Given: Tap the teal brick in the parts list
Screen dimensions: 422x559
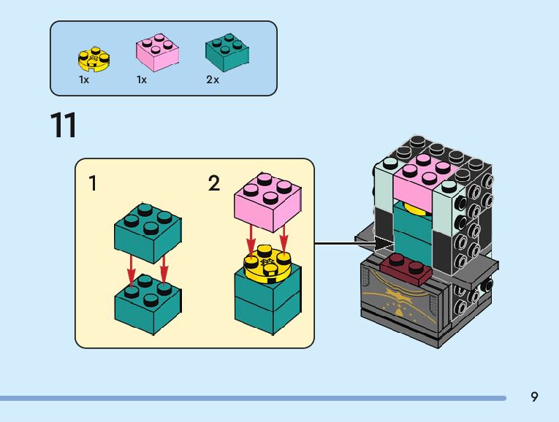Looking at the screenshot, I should pos(227,52).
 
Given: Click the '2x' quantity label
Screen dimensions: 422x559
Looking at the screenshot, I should pos(213,80).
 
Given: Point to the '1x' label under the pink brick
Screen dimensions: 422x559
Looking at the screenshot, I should pos(142,80).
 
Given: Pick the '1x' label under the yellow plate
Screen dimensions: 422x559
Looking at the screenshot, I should pos(84,80).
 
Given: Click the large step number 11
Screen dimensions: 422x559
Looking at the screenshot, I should pos(64,126).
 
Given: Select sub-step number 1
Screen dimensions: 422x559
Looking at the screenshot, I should pos(93,183).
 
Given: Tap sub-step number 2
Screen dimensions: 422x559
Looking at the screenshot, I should pos(213,183).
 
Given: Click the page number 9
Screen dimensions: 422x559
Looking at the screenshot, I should pos(534,397).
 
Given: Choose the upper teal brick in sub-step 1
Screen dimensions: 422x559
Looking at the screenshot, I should pos(148,233).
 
